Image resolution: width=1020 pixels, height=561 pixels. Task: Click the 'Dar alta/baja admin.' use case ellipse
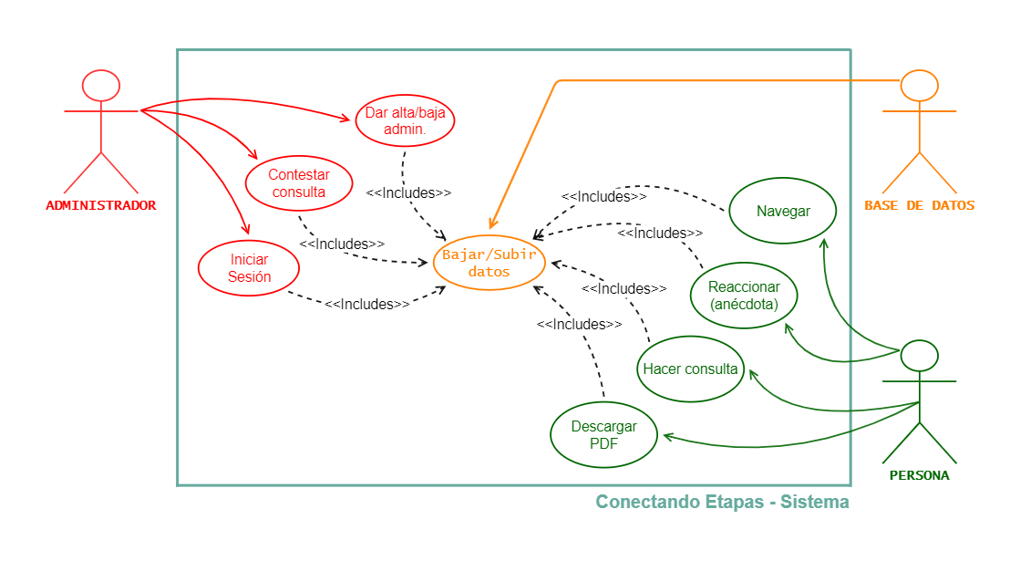coord(405,120)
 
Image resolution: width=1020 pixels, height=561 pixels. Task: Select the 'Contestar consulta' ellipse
coord(298,182)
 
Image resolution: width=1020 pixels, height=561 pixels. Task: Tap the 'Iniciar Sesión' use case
coord(249,268)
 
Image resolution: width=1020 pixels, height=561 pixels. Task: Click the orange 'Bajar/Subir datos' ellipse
coord(489,263)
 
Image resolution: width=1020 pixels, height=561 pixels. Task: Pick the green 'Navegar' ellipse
coord(783,212)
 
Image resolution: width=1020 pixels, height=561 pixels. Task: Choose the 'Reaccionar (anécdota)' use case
coord(744,296)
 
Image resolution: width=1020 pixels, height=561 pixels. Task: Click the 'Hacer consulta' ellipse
coord(690,369)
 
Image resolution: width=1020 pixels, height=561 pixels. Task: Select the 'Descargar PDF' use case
coord(603,435)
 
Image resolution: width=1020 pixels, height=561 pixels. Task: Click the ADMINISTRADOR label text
coord(100,205)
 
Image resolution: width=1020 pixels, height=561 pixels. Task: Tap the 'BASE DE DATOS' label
coord(919,205)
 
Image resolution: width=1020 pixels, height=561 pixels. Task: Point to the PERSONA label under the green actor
coord(919,475)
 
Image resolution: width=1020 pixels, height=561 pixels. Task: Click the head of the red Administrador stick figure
coord(100,85)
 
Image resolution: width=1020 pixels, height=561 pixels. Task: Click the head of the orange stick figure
coord(919,85)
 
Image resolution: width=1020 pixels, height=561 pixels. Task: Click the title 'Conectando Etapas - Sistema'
coord(722,502)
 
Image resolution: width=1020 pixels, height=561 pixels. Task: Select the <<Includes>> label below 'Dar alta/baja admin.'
coord(408,193)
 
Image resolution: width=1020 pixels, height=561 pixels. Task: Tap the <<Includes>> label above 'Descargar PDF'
coord(579,324)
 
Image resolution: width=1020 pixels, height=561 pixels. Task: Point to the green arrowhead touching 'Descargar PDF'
coord(668,437)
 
